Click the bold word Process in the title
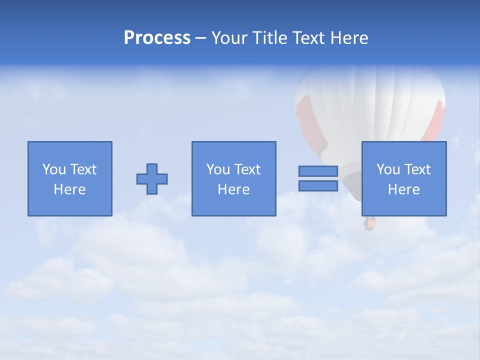point(157,38)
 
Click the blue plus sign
point(152,179)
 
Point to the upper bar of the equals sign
point(318,171)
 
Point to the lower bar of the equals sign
point(318,186)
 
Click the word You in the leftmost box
point(54,169)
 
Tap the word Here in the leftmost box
point(70,189)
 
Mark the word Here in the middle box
point(234,189)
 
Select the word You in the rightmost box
point(388,169)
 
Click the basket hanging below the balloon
point(369,223)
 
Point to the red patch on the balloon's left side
point(305,120)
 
